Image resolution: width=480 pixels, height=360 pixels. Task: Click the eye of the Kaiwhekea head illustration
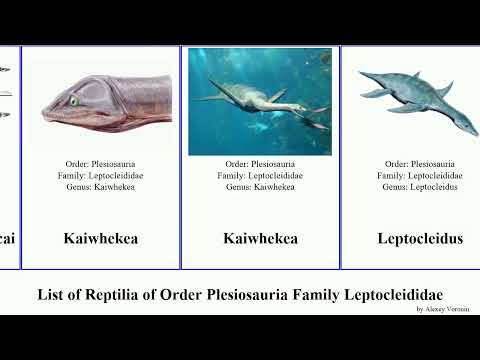click(x=73, y=101)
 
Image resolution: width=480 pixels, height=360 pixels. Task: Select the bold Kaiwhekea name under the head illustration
click(x=100, y=238)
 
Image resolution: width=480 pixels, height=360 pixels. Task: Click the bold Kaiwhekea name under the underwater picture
click(x=260, y=238)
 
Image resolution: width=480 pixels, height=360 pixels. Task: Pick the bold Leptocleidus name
click(x=420, y=238)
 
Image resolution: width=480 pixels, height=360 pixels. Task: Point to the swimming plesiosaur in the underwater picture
click(x=265, y=100)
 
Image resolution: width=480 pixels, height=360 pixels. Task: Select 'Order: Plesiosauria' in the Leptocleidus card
click(x=420, y=163)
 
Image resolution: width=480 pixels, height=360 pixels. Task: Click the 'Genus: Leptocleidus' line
click(x=420, y=187)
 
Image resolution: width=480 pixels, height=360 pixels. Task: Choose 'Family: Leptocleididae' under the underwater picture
click(x=260, y=175)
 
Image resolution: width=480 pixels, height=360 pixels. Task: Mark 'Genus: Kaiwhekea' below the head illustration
click(x=100, y=187)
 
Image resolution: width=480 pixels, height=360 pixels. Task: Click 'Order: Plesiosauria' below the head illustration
click(x=100, y=163)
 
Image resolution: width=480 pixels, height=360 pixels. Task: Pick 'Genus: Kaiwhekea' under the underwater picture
click(x=260, y=187)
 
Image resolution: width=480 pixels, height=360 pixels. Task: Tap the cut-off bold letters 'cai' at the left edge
click(x=8, y=238)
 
